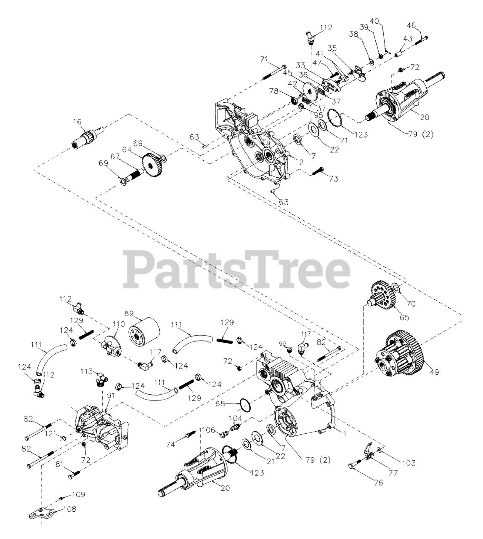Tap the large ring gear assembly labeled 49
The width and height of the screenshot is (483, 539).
click(x=399, y=353)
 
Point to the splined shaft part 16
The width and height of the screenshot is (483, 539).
click(x=85, y=138)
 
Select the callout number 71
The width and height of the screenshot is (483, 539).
click(x=264, y=59)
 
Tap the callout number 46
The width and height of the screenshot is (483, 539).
click(x=411, y=26)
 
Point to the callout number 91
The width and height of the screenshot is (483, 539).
click(x=111, y=396)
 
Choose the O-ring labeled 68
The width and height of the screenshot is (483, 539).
click(x=246, y=405)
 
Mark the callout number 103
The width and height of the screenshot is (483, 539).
click(x=408, y=463)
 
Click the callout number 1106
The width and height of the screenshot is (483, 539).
click(x=207, y=430)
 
